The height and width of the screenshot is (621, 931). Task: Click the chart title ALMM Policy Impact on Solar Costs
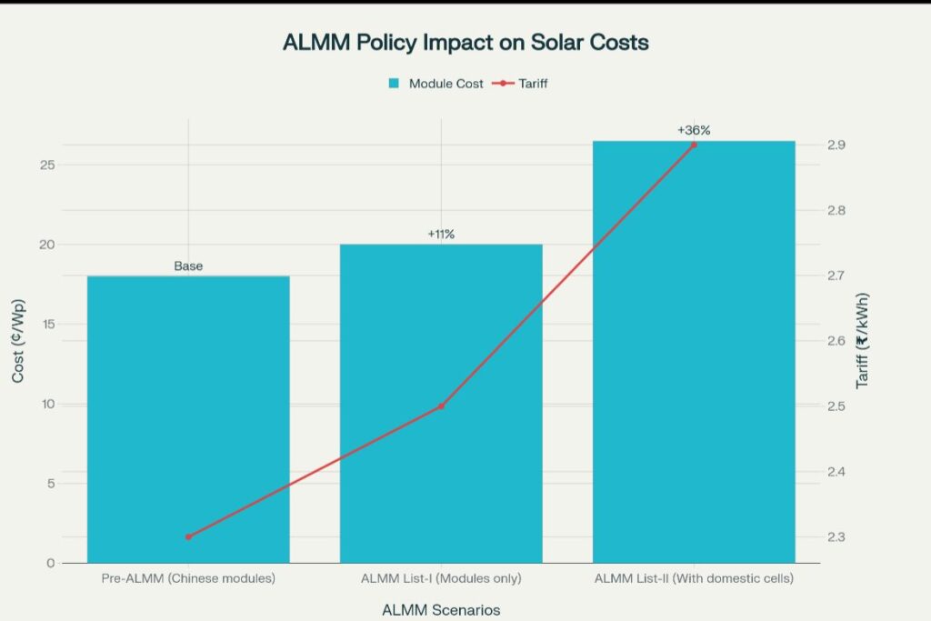coord(465,43)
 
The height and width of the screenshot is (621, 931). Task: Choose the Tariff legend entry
coord(524,84)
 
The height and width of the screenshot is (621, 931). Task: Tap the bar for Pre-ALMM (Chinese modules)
coord(188,418)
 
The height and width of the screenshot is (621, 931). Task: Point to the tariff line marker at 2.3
coord(188,537)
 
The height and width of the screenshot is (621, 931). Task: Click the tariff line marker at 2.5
coord(441,406)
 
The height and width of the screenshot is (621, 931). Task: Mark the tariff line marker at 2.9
coord(694,145)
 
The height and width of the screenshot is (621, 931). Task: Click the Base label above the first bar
coord(188,266)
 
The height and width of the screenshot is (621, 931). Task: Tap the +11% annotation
coord(441,235)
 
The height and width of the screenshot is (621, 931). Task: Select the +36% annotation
coord(694,131)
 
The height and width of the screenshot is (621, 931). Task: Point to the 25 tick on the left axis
coord(45,165)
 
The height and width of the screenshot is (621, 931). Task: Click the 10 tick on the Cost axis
coord(45,404)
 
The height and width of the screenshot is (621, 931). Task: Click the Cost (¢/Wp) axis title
coord(18,341)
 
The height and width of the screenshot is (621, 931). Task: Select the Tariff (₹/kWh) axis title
coord(862,341)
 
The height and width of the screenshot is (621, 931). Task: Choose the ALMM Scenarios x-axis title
coord(441,609)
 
